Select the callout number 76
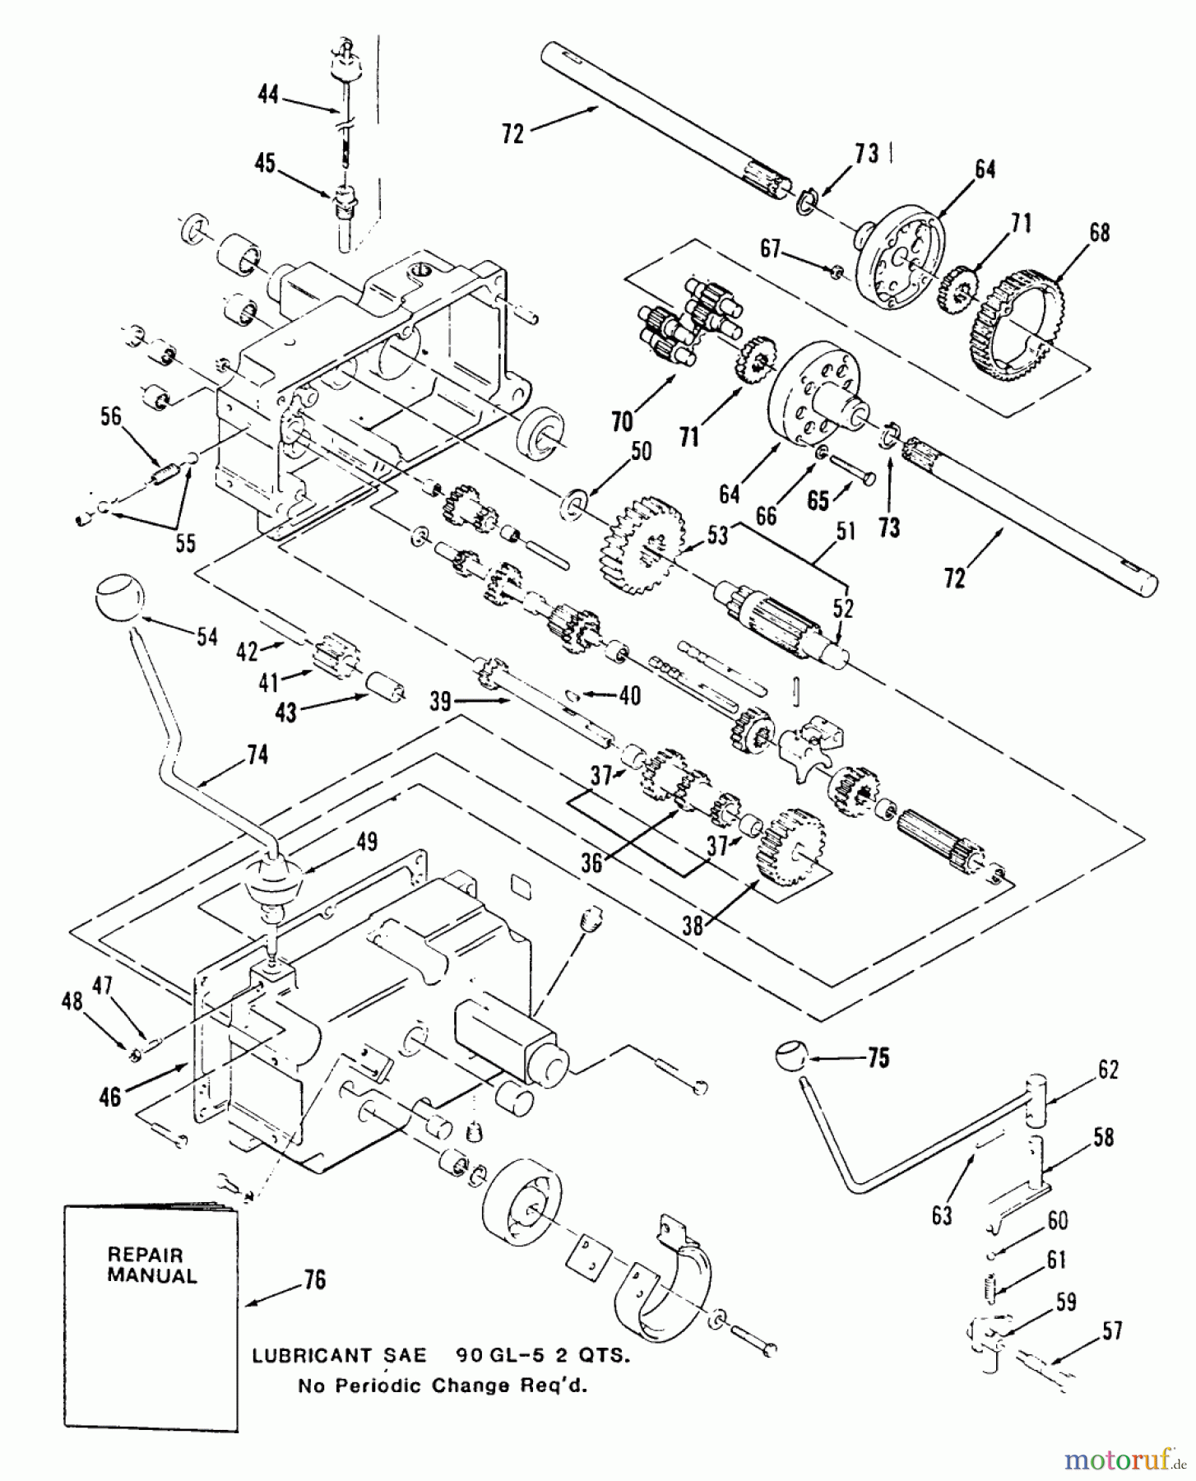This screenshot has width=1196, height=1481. pyautogui.click(x=314, y=1279)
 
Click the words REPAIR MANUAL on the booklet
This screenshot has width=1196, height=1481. pyautogui.click(x=152, y=1265)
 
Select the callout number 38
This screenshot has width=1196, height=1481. pyautogui.click(x=693, y=926)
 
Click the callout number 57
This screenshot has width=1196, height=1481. pyautogui.click(x=1112, y=1330)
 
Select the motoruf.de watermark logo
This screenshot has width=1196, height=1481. pyautogui.click(x=1124, y=1460)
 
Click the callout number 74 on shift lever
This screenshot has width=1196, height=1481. pyautogui.click(x=257, y=754)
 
